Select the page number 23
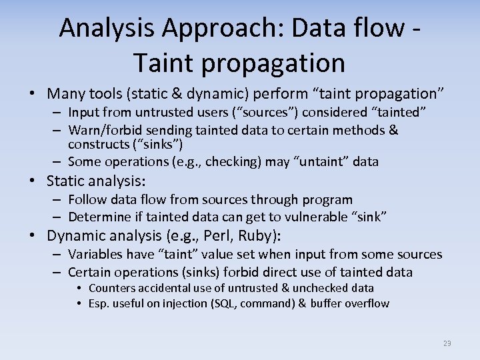point(447,343)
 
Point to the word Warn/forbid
point(103,130)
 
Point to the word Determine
point(99,217)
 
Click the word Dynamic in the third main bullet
point(75,236)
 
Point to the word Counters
point(111,288)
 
